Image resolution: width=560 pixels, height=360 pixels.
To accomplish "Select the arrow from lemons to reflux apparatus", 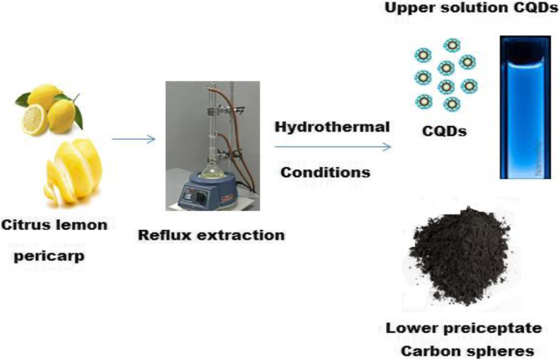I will coord(133,138).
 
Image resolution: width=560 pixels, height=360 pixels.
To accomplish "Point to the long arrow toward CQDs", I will coord(332,147).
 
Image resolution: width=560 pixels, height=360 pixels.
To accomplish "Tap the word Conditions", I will coord(325,173).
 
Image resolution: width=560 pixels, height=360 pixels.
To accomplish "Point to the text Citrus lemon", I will coord(55,225).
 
